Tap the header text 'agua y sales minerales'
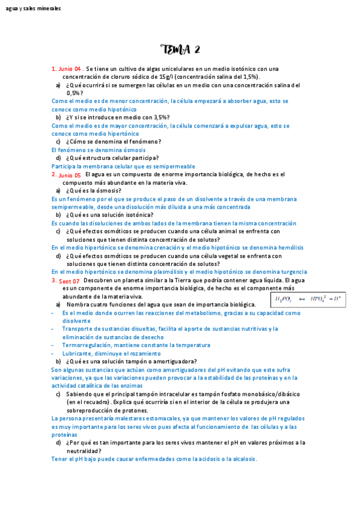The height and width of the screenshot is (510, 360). pyautogui.click(x=33, y=8)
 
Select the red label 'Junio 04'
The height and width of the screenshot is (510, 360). pyautogui.click(x=69, y=69)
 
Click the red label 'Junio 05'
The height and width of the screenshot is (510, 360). pyautogui.click(x=70, y=175)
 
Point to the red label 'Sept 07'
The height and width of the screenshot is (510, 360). pyautogui.click(x=69, y=281)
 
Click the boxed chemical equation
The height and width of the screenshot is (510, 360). pyautogui.click(x=308, y=298)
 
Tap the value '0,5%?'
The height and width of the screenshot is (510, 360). pyautogui.click(x=75, y=93)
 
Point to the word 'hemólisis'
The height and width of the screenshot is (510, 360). pyautogui.click(x=290, y=247)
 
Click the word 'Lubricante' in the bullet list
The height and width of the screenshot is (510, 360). pyautogui.click(x=76, y=354)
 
